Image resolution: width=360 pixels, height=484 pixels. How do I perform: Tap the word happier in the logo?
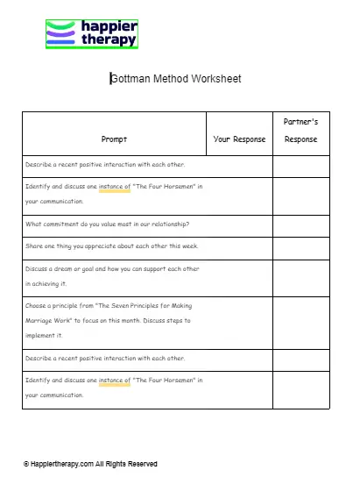tap(109, 26)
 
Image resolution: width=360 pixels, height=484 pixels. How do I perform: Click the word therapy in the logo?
tap(109, 40)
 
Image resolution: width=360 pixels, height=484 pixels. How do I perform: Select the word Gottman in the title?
tap(131, 79)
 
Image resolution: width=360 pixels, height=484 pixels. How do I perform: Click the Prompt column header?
tap(114, 139)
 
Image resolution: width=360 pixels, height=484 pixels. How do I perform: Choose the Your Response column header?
tap(239, 139)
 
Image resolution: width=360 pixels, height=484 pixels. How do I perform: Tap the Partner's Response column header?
tap(300, 131)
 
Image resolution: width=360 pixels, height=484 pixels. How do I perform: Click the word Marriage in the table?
tap(45, 320)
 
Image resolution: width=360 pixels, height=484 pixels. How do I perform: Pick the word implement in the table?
tap(41, 334)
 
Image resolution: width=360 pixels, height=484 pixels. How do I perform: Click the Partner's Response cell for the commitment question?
tap(300, 224)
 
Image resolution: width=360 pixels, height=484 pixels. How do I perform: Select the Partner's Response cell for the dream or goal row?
tap(300, 277)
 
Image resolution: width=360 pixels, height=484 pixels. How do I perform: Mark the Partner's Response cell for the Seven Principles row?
tap(300, 321)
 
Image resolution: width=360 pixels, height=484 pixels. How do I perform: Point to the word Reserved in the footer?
tap(140, 464)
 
